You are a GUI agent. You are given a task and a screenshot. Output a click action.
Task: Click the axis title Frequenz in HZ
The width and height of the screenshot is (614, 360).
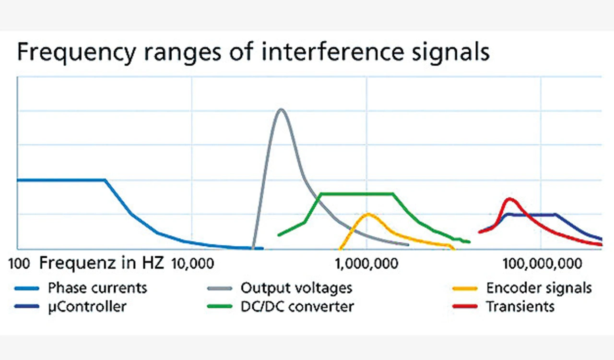(x=102, y=263)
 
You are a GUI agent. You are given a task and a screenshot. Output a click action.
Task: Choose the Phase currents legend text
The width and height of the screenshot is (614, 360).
(x=97, y=288)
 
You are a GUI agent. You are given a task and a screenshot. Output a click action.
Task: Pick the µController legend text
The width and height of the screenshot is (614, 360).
(x=87, y=306)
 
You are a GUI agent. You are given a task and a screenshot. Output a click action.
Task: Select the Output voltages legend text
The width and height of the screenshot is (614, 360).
(x=296, y=288)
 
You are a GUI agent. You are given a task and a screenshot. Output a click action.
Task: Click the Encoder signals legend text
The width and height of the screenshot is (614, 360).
(x=539, y=288)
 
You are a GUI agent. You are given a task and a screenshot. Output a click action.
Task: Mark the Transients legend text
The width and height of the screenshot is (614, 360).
(x=520, y=306)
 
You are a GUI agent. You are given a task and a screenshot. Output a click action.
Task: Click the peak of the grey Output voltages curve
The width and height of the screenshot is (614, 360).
(x=281, y=109)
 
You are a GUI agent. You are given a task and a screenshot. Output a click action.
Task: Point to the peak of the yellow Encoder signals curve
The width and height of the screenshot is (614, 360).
(x=368, y=214)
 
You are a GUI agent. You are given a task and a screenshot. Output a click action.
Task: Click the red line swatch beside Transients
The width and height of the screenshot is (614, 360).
(x=464, y=306)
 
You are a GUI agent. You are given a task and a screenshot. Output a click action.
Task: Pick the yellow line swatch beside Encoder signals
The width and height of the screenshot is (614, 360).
(x=464, y=288)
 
